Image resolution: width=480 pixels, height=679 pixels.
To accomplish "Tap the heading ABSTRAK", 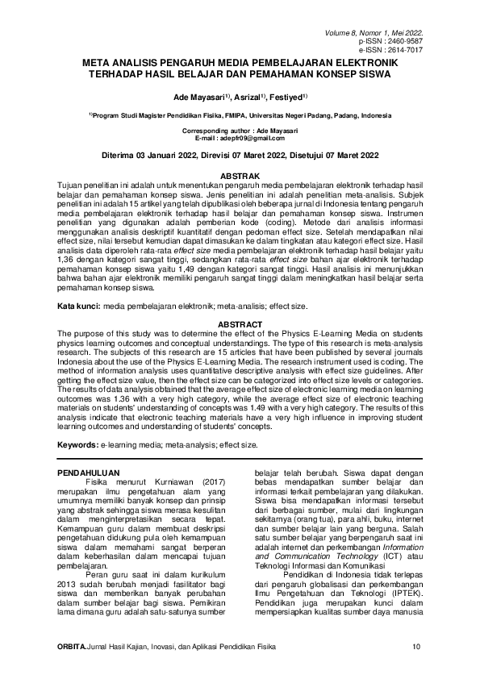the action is pos(240,176).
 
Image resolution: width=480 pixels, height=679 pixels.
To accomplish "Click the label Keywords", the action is pos(78,444).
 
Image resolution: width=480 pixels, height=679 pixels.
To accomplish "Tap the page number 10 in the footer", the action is pos(416,669).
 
